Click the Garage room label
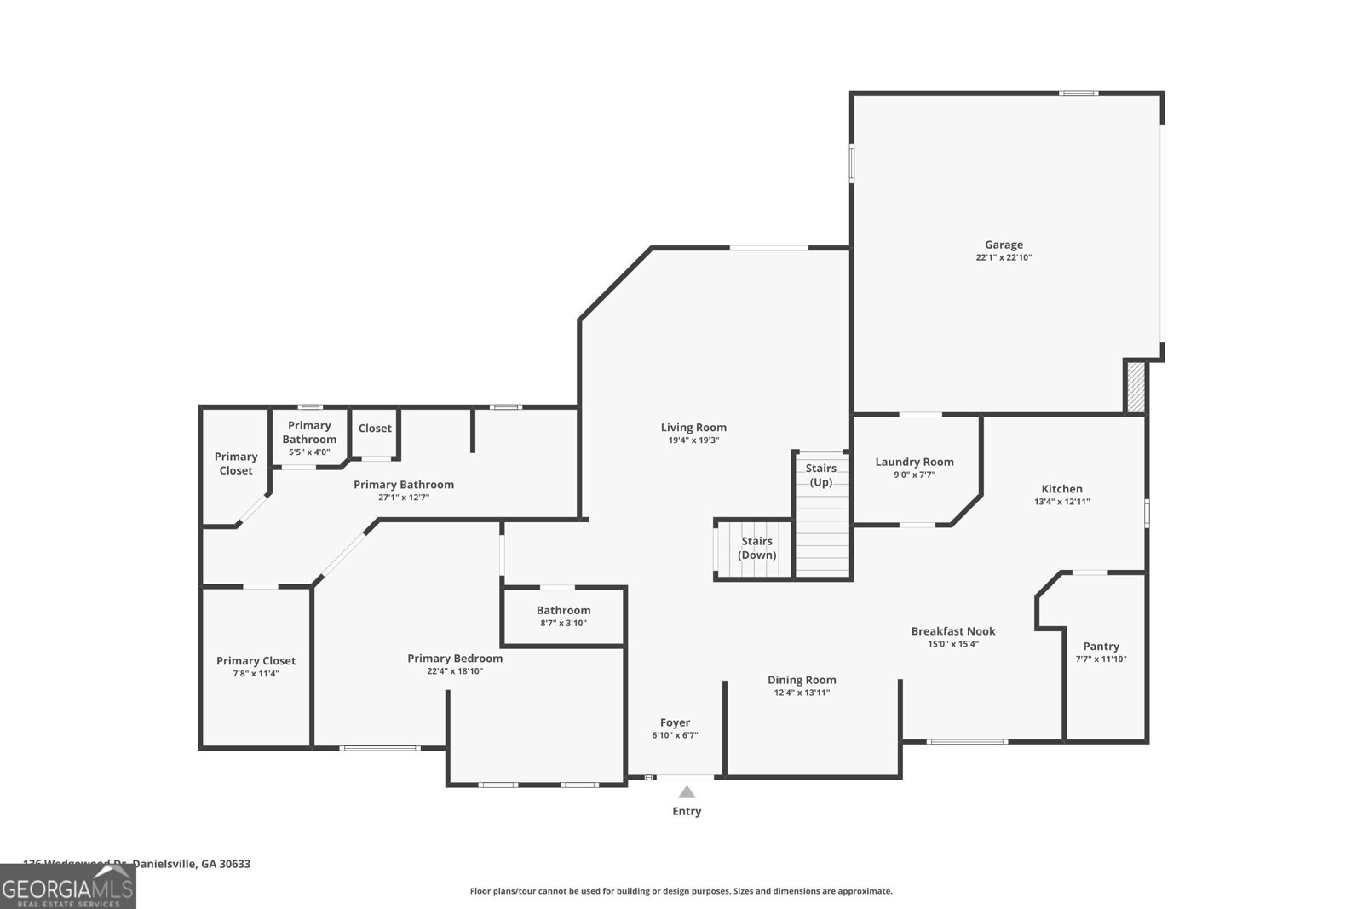(1004, 245)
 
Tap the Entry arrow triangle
(687, 792)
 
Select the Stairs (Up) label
(821, 475)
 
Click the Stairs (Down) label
(756, 548)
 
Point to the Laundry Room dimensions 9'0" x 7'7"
(914, 475)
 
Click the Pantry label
(1101, 646)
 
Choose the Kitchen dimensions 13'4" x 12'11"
(1061, 502)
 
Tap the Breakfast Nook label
(952, 631)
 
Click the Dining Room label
(802, 680)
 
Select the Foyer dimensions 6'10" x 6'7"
(675, 735)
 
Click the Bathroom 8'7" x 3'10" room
(563, 616)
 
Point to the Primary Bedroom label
(455, 658)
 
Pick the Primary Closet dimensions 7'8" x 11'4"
(256, 673)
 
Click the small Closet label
(375, 429)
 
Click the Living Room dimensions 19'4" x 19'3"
(693, 440)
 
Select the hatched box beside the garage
(1136, 388)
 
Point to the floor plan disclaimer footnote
(681, 891)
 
